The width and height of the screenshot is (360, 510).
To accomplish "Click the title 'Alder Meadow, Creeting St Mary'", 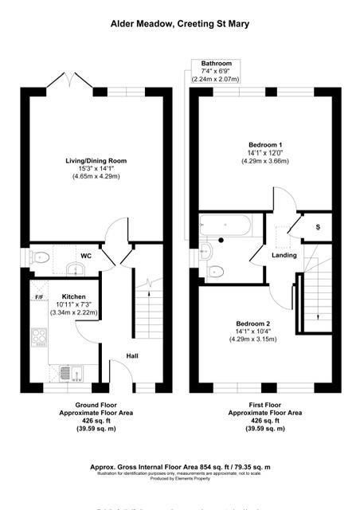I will tap(179, 25).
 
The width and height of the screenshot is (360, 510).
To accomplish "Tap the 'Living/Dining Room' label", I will tap(96, 161).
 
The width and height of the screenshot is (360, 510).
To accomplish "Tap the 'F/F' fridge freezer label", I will tap(39, 297).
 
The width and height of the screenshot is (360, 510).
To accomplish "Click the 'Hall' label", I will tap(132, 355).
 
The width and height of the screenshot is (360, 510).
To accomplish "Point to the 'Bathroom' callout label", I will tap(216, 63).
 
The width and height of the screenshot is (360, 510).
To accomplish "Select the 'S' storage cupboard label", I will tap(318, 229).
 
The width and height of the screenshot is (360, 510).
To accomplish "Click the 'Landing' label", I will tap(284, 256).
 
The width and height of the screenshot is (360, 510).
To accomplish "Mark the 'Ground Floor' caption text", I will tap(79, 405).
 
